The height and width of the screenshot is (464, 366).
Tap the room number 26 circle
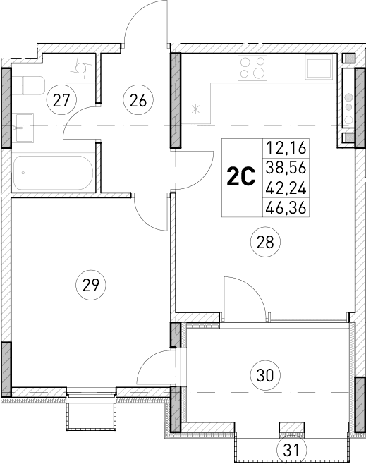tap(138, 100)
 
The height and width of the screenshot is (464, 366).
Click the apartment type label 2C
tap(240, 177)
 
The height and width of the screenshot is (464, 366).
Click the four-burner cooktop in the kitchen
tap(253, 68)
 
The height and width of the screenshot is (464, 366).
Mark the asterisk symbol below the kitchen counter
tap(197, 110)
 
